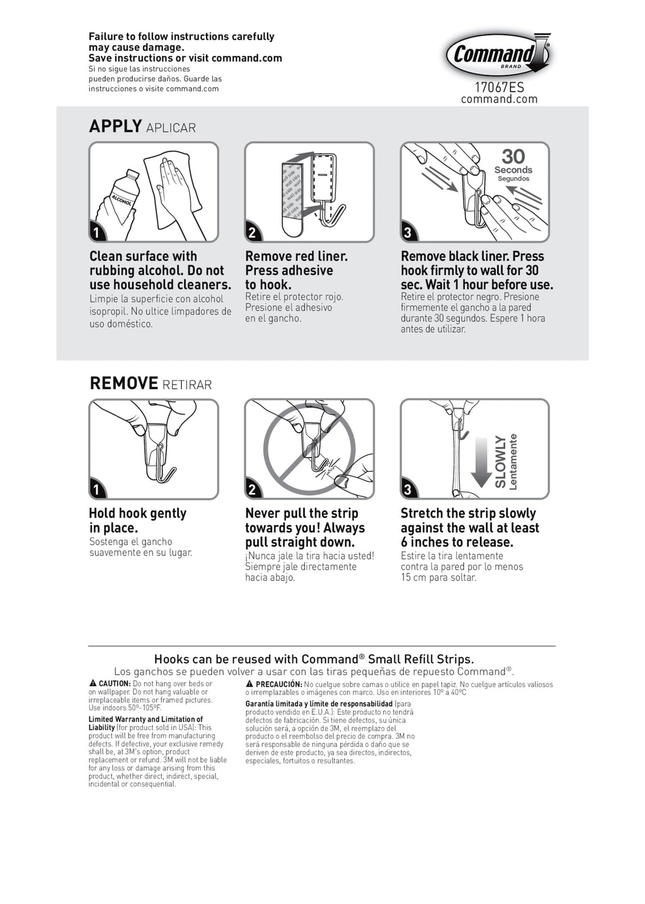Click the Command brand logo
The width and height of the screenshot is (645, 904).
tap(498, 54)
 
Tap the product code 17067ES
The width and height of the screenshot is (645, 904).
tap(499, 87)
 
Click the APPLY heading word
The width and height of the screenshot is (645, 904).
tap(115, 126)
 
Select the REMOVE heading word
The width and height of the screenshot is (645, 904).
tap(123, 383)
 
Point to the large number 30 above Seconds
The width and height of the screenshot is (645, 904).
tap(513, 156)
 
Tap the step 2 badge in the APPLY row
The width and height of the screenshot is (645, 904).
tap(253, 232)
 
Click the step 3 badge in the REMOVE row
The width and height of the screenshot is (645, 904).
tap(408, 489)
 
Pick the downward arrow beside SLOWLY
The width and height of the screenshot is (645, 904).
tap(481, 463)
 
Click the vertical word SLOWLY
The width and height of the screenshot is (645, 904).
tap(500, 461)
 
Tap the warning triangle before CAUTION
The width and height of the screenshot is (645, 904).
tap(93, 683)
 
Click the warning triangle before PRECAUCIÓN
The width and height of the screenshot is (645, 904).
tap(249, 683)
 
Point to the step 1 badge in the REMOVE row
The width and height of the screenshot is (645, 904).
tap(96, 489)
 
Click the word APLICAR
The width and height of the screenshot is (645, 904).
tap(171, 128)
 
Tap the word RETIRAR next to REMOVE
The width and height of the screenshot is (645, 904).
tap(187, 385)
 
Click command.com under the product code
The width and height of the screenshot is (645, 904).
tap(499, 99)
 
